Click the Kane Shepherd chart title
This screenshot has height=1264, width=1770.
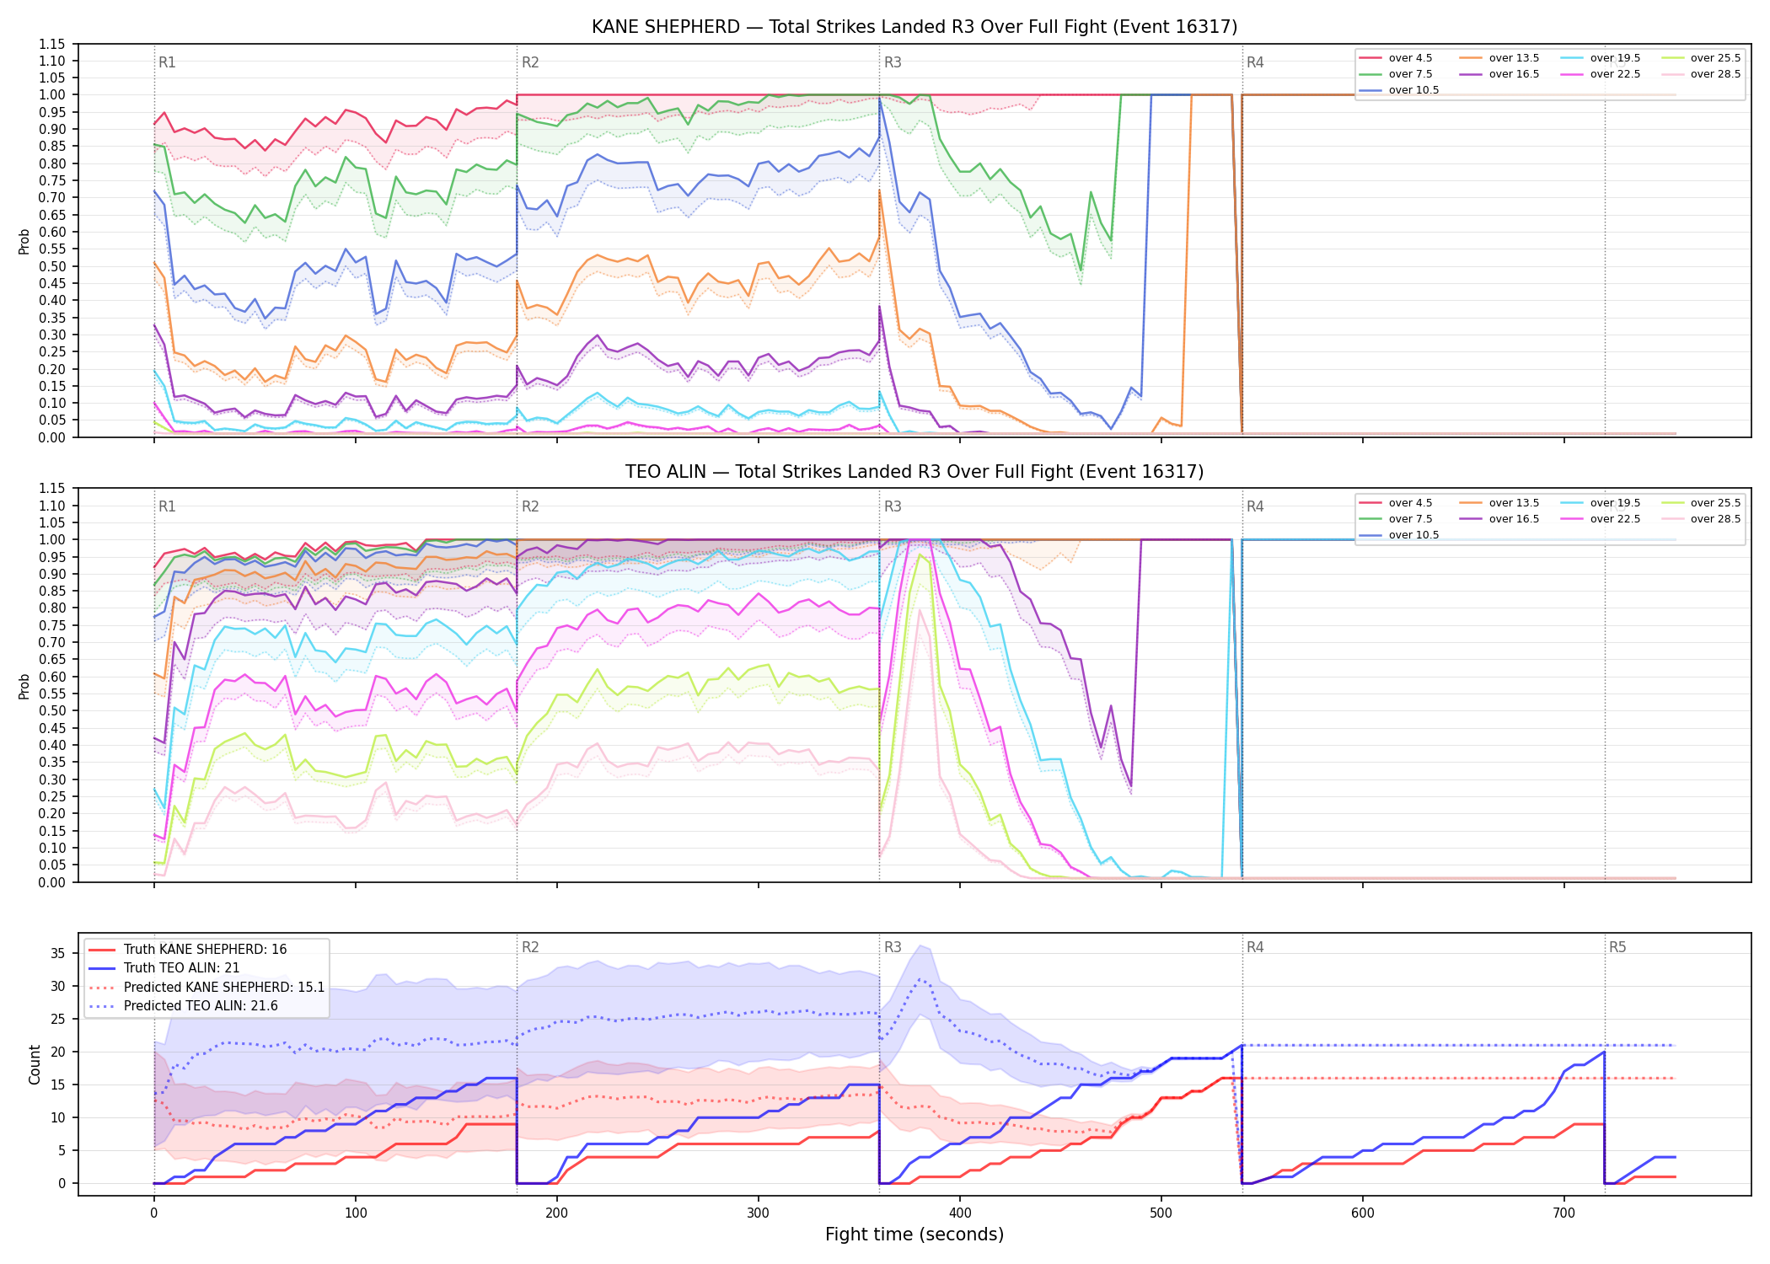[x=914, y=27]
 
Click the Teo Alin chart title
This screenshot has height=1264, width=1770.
[x=914, y=472]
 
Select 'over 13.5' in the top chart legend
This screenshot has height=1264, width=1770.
[x=1514, y=58]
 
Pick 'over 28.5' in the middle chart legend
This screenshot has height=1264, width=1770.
[x=1715, y=519]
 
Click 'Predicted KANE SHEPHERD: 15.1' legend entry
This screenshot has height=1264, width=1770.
[x=224, y=987]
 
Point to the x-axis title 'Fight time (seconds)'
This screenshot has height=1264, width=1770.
[x=914, y=1235]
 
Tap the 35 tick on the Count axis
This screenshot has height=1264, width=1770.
[x=58, y=954]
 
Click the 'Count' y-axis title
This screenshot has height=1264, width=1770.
[x=35, y=1064]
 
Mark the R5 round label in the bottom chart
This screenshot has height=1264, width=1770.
[x=1617, y=947]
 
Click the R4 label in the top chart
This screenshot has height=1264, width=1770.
[x=1255, y=62]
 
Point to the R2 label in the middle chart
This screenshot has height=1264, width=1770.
[x=530, y=506]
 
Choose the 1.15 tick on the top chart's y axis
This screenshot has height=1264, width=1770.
[x=51, y=44]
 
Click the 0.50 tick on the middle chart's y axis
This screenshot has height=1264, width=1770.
[x=51, y=710]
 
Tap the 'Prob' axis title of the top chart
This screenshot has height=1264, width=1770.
[x=24, y=241]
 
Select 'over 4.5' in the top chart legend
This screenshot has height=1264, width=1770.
[x=1410, y=58]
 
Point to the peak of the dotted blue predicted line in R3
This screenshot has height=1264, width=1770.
[x=920, y=979]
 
